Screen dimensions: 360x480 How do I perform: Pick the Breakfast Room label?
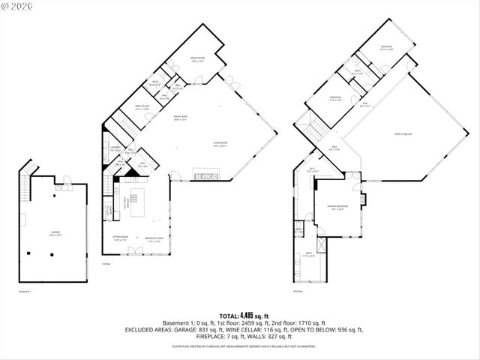pyautogui.click(x=155, y=240)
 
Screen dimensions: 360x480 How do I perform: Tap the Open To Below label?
pyautogui.click(x=403, y=135)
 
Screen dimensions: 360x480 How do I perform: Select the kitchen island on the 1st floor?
pyautogui.click(x=138, y=202)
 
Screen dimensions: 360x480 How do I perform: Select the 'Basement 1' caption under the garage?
pyautogui.click(x=25, y=290)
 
